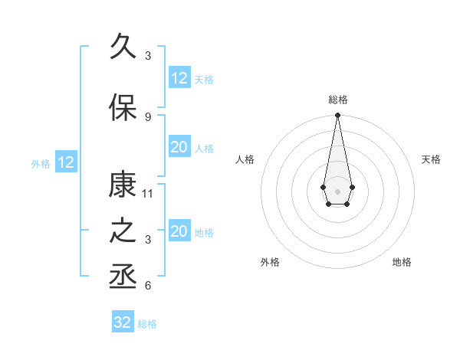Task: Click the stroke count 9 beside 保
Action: pos(148,116)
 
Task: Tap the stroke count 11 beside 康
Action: pos(149,193)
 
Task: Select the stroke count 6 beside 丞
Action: pos(148,286)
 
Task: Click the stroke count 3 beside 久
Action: pos(148,56)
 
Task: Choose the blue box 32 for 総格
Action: pos(123,322)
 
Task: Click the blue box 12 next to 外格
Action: pos(66,162)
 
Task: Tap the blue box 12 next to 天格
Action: pos(179,78)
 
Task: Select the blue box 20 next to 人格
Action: pos(179,147)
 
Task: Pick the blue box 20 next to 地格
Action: pos(179,231)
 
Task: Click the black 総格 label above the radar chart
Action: pos(337,100)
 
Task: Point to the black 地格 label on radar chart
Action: pos(402,262)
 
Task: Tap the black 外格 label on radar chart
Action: pos(270,262)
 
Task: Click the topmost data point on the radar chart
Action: pos(337,116)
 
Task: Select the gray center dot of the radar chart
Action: pos(337,190)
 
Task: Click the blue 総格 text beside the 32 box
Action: pos(147,324)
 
